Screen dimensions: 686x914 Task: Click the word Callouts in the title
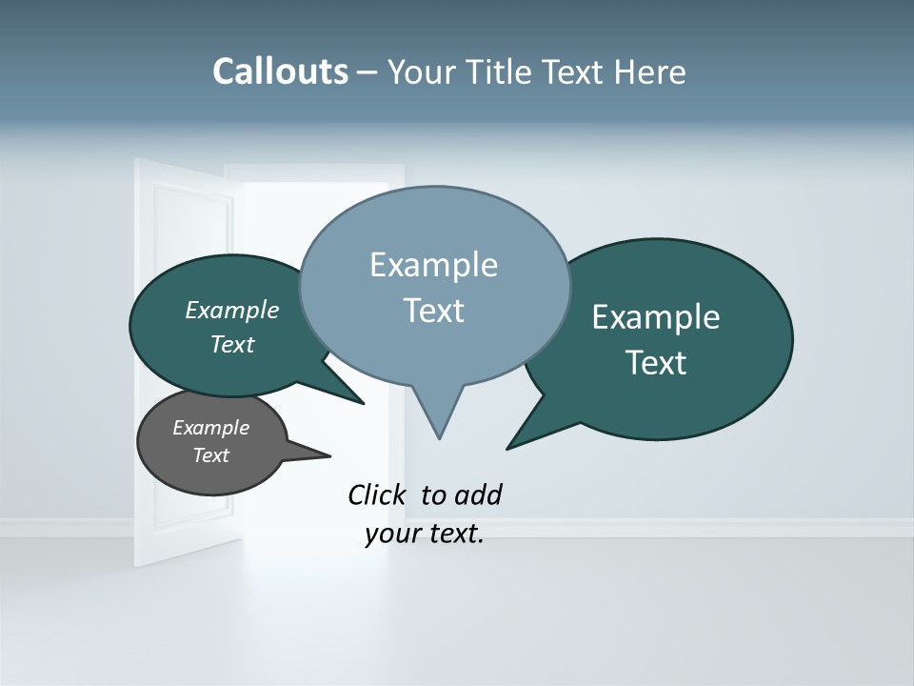pyautogui.click(x=280, y=71)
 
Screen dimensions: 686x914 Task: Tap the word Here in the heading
pyautogui.click(x=649, y=71)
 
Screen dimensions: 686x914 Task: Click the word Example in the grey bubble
pyautogui.click(x=210, y=428)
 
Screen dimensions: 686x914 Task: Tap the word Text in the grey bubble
pyautogui.click(x=210, y=455)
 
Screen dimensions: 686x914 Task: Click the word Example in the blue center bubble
pyautogui.click(x=433, y=265)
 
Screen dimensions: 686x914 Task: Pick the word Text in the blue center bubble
pyautogui.click(x=433, y=311)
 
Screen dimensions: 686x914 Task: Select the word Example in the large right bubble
pyautogui.click(x=655, y=317)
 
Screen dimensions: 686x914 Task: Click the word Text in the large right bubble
pyautogui.click(x=657, y=363)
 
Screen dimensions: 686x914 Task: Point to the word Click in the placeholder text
pyautogui.click(x=379, y=494)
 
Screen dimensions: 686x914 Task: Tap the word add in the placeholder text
pyautogui.click(x=478, y=494)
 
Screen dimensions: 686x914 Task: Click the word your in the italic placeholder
pyautogui.click(x=390, y=534)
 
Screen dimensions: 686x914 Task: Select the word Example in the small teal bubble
pyautogui.click(x=231, y=310)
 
